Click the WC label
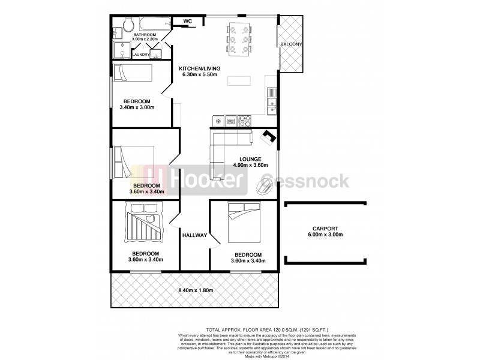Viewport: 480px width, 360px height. (x=187, y=22)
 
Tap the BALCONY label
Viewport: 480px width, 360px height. (x=291, y=44)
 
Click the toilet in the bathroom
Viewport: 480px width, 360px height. (x=128, y=24)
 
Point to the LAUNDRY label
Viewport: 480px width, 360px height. (x=141, y=55)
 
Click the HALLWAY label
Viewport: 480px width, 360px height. (x=194, y=235)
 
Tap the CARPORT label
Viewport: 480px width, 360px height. (x=325, y=229)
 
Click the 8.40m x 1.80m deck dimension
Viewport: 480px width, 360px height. (x=196, y=291)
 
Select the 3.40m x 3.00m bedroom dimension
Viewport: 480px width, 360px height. (x=137, y=108)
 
